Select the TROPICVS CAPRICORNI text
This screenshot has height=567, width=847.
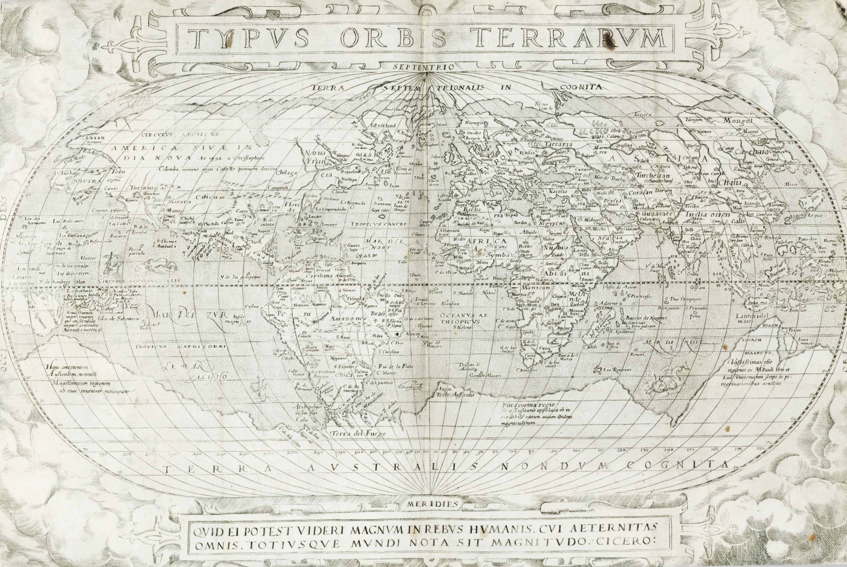tap(181, 346)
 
